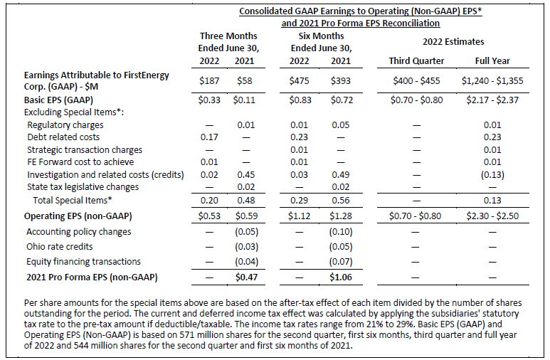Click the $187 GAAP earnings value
(x=209, y=80)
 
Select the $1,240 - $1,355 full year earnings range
(x=492, y=80)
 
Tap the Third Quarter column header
(x=416, y=60)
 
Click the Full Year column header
(x=492, y=60)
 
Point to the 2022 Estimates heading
(x=453, y=42)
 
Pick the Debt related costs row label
(x=63, y=137)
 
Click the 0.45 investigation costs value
(x=246, y=175)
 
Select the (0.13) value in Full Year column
(x=492, y=175)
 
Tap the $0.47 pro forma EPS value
(x=246, y=277)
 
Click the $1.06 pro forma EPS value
(x=340, y=277)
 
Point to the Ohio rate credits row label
(x=60, y=246)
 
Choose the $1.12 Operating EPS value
(x=300, y=216)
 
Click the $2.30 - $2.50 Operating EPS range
(x=492, y=216)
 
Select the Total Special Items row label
(x=73, y=200)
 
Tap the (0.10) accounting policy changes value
(x=341, y=231)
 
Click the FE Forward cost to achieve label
(x=80, y=162)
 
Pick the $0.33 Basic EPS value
(x=209, y=100)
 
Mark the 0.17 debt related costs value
(x=209, y=137)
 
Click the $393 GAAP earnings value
(x=340, y=80)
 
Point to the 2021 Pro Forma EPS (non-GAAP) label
(x=92, y=277)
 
